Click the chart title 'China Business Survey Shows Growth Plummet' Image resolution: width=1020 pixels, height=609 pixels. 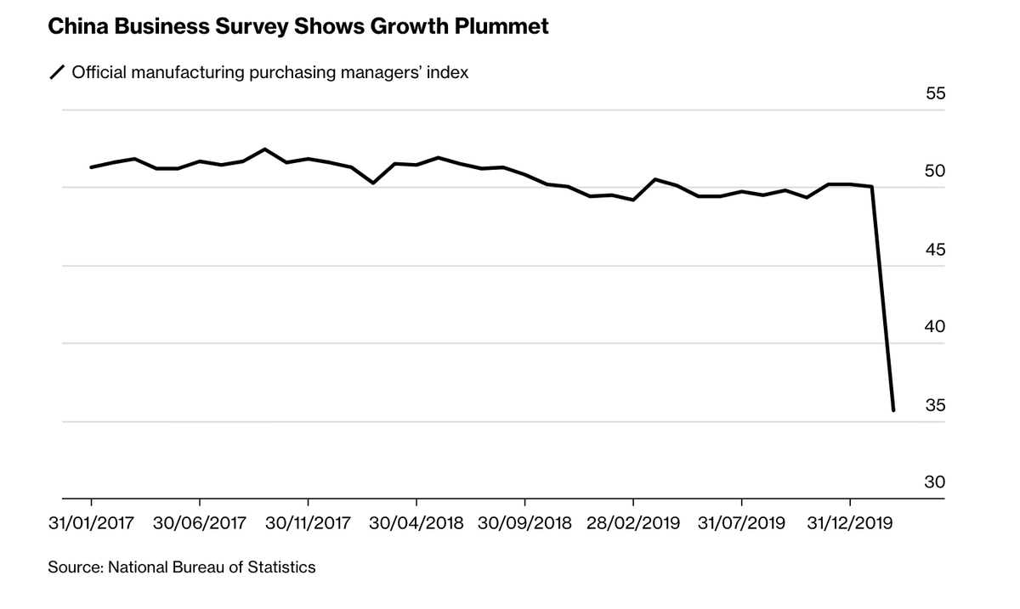tap(297, 27)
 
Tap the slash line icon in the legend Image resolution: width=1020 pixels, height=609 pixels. tap(57, 73)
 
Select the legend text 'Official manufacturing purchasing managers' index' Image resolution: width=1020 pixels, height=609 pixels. tap(270, 73)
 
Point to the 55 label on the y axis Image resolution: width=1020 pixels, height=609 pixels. tap(935, 93)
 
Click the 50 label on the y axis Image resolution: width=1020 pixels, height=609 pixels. tap(935, 172)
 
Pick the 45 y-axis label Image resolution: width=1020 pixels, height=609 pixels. tap(935, 250)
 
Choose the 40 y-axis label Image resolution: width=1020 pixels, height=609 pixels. tap(935, 327)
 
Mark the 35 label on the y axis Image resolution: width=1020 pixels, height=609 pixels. tap(935, 405)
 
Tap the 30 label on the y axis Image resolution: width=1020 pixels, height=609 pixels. tap(935, 482)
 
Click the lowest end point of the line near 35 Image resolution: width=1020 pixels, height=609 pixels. tap(893, 410)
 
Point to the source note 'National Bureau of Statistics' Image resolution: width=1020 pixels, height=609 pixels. tap(212, 567)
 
